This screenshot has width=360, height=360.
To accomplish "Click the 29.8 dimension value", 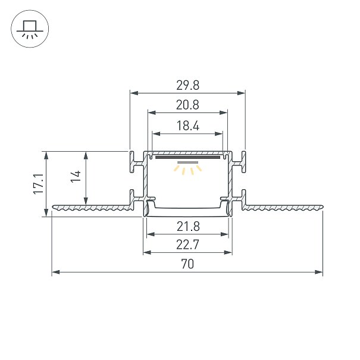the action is [x=187, y=86].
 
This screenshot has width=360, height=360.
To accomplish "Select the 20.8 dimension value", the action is [x=187, y=105].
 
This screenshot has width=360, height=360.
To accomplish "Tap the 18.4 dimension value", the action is [x=188, y=126].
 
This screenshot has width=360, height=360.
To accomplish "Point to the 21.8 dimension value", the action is [x=188, y=227].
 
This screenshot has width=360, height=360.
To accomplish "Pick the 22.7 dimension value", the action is [x=187, y=245].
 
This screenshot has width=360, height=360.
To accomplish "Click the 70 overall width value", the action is [x=187, y=264].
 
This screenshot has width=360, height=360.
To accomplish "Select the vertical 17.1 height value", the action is [x=38, y=184].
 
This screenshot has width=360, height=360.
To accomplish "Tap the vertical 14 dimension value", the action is [x=76, y=176].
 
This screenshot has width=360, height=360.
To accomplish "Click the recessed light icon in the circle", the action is [x=30, y=29].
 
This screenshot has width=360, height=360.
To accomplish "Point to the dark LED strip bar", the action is [x=188, y=158].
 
